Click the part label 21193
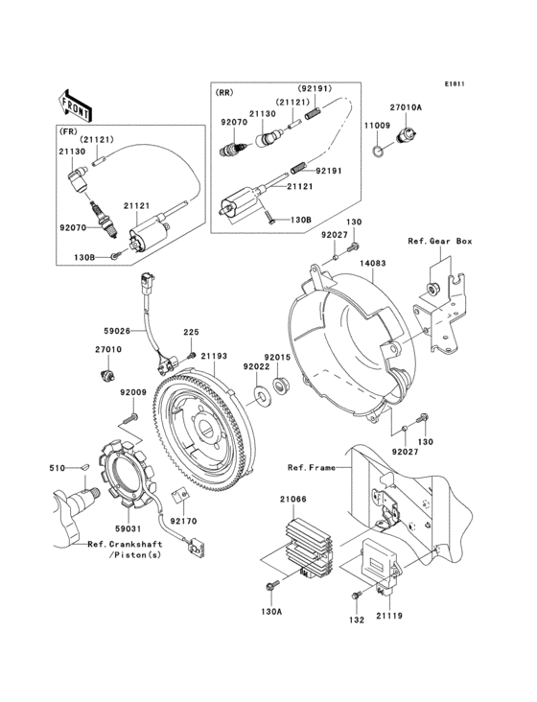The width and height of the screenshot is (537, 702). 214,356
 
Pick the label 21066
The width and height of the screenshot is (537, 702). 292,499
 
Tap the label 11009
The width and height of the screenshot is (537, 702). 376,126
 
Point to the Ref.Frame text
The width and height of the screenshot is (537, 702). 310,467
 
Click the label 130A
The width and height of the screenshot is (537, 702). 272,611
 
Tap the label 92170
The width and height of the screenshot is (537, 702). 186,521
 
